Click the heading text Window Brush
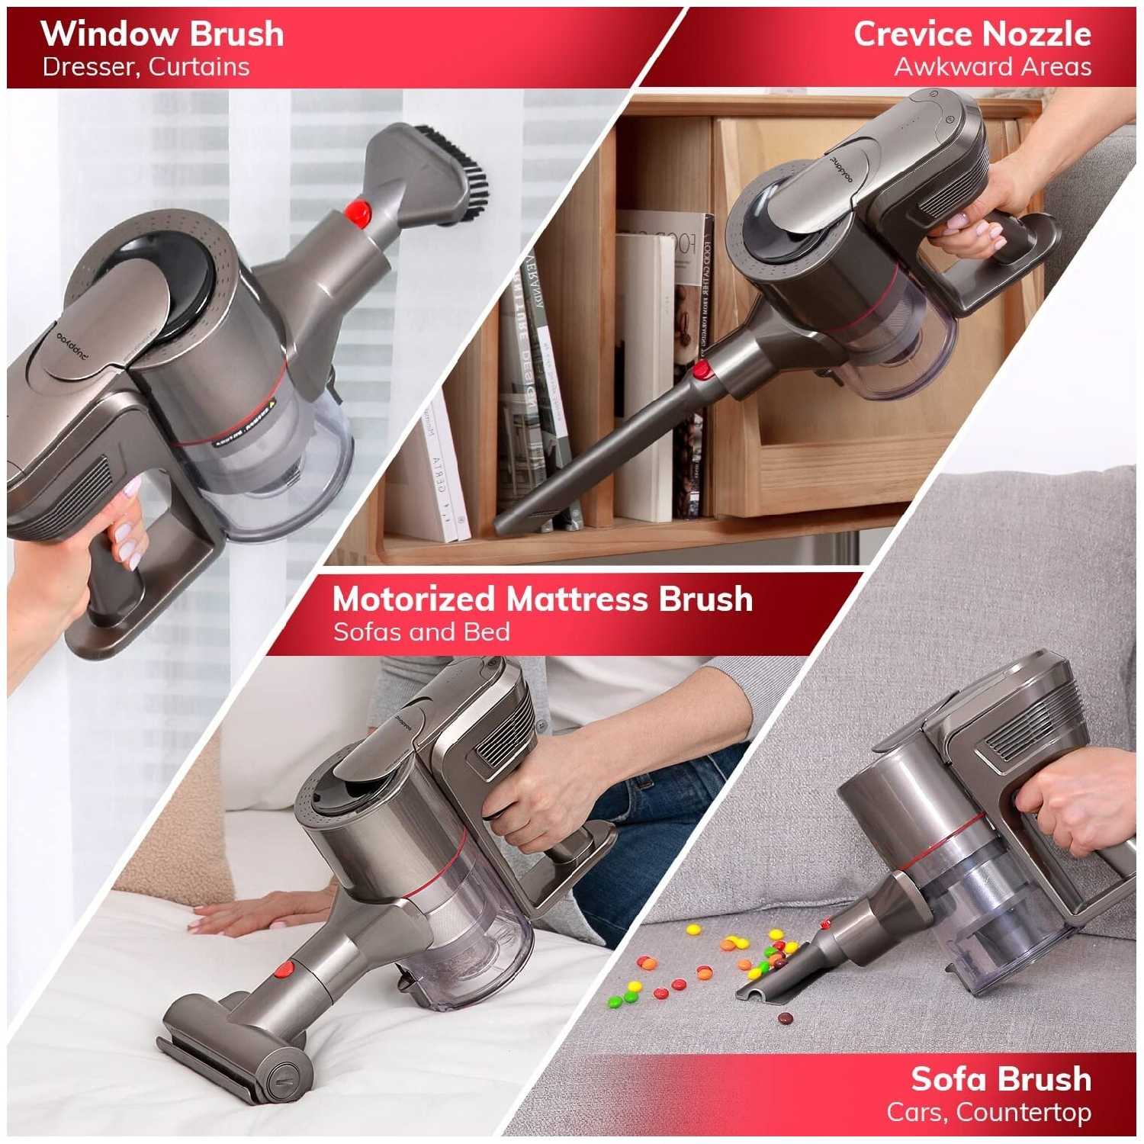point(162,34)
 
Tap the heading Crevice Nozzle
point(972,34)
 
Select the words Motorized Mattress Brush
point(542,599)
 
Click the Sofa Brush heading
point(1001,1079)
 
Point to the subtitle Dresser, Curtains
point(146,67)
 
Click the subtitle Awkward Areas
point(993,67)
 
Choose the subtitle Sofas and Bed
point(421,631)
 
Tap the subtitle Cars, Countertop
point(988,1112)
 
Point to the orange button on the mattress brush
point(283,970)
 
